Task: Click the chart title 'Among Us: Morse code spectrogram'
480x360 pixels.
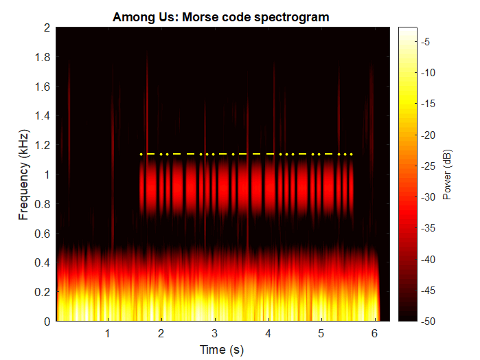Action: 221,17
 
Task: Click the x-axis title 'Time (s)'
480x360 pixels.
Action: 221,350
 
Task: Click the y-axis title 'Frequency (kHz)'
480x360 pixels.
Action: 24,175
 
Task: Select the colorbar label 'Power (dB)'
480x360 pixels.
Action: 446,175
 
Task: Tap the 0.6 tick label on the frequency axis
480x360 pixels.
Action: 43,233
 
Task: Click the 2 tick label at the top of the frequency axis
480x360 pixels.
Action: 47,28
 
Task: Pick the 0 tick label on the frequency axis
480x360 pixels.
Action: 47,321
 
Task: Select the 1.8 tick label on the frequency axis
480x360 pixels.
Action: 43,57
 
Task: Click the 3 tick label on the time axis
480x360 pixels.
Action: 214,333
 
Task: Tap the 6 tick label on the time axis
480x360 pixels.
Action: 374,333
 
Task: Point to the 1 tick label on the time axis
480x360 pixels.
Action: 108,333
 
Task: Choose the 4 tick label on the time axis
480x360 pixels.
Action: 268,333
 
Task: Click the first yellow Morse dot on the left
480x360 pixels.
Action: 141,155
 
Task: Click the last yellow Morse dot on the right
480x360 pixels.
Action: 352,155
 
